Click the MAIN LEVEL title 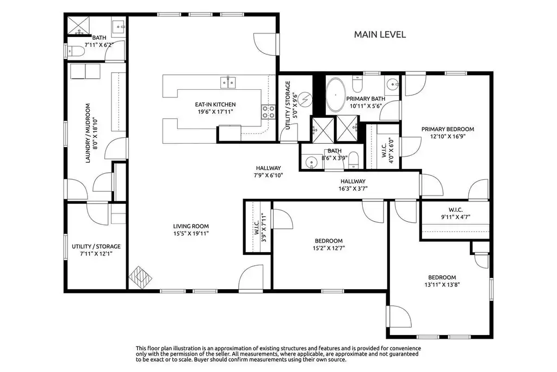click(x=380, y=34)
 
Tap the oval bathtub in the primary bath click(x=336, y=95)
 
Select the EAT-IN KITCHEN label click(x=215, y=105)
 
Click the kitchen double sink click(x=228, y=82)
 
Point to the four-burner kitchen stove click(x=268, y=112)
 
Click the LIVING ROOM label click(x=191, y=226)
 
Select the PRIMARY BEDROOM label click(x=448, y=129)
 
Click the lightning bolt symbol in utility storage click(x=305, y=100)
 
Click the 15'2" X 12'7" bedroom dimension click(x=329, y=248)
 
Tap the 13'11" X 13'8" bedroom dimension click(x=442, y=284)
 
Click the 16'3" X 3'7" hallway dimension click(x=352, y=188)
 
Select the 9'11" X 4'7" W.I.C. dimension click(x=455, y=217)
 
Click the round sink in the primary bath click(x=392, y=84)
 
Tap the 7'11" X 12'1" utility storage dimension click(x=96, y=254)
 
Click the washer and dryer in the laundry click(x=85, y=71)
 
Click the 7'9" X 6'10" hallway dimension click(x=268, y=175)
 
